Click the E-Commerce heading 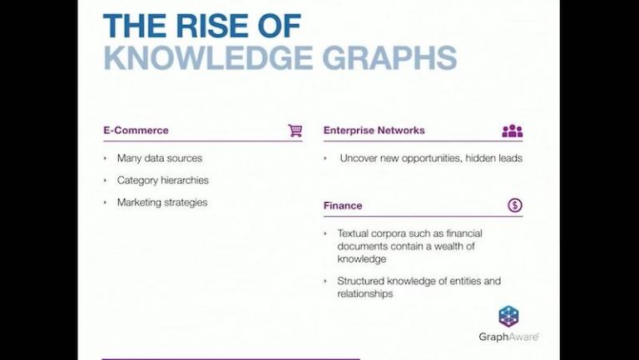(x=136, y=131)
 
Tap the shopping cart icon (x=295, y=131)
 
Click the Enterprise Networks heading (x=374, y=131)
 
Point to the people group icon (x=513, y=131)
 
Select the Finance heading (x=343, y=205)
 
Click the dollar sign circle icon (x=515, y=205)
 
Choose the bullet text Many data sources (x=159, y=158)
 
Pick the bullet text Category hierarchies (x=162, y=180)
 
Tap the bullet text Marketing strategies (x=161, y=202)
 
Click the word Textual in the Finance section (x=354, y=234)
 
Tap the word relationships (x=364, y=293)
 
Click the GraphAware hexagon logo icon (x=508, y=316)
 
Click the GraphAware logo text (x=508, y=337)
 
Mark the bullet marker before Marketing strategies (x=106, y=202)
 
